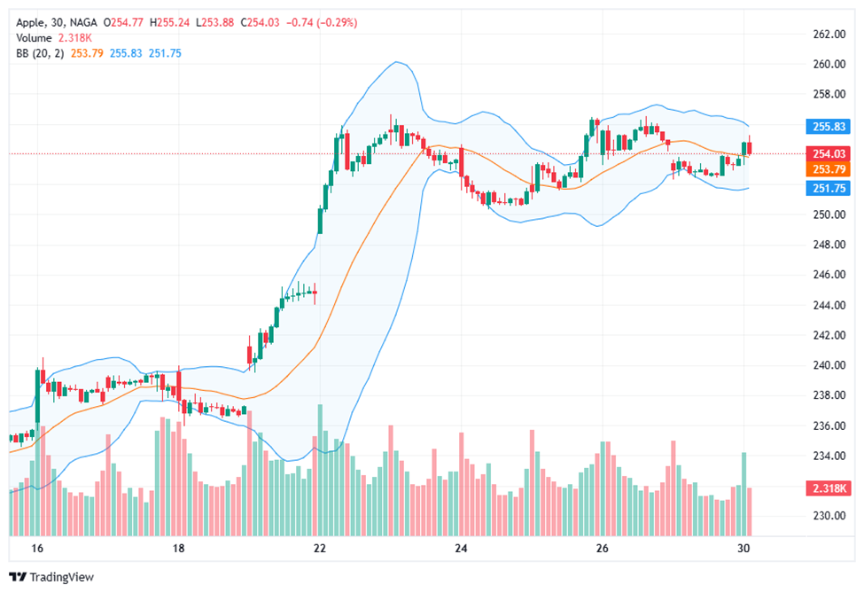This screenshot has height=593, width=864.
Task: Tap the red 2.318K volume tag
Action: [x=829, y=488]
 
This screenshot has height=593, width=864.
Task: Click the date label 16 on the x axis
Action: [x=37, y=549]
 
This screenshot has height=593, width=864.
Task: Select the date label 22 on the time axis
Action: [x=320, y=549]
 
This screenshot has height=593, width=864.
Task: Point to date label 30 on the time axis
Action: [x=743, y=549]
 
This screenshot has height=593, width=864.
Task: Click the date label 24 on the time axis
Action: [x=460, y=549]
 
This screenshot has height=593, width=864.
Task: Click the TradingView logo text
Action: [x=61, y=577]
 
